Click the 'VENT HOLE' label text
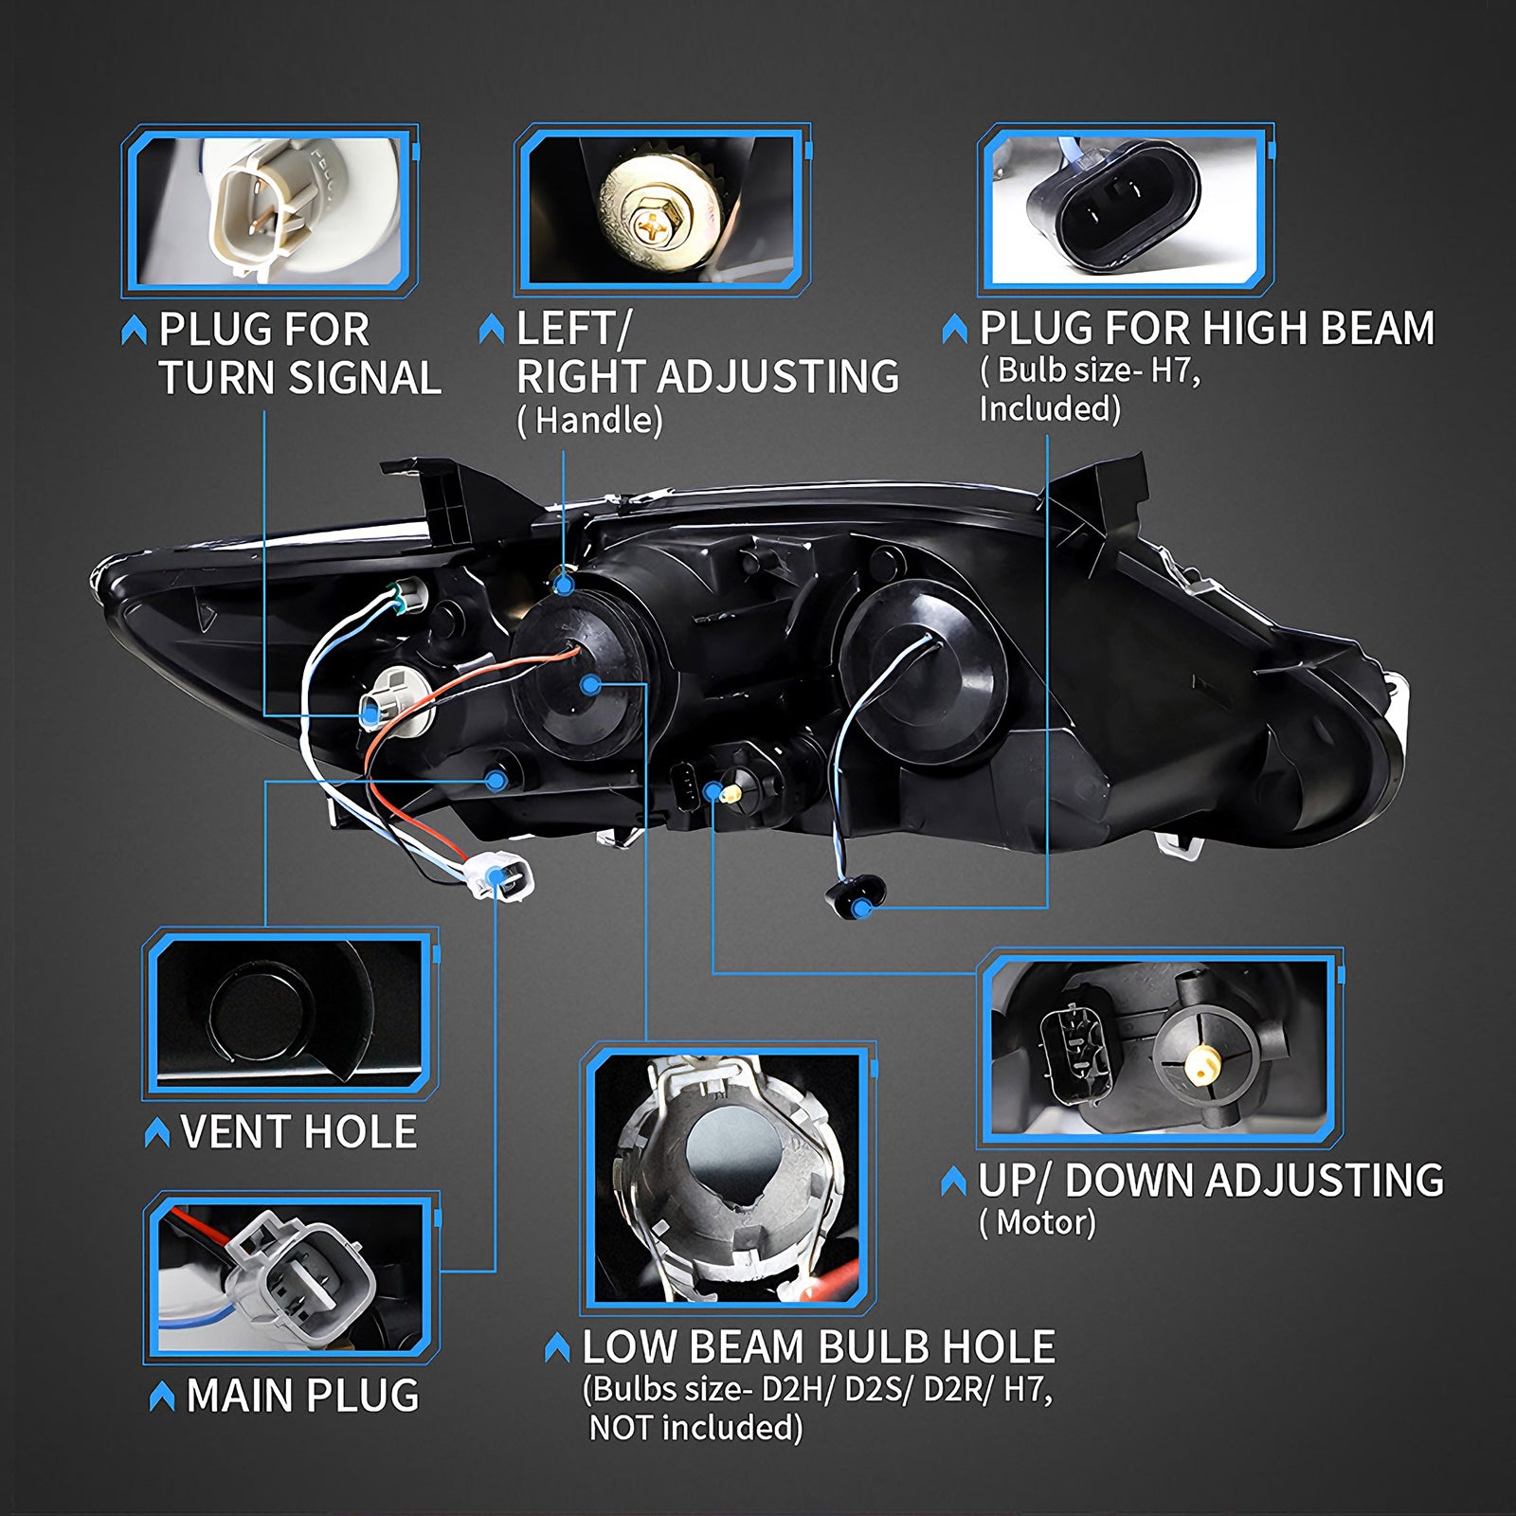298,1131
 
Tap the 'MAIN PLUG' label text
303,1396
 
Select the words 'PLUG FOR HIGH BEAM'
1207,329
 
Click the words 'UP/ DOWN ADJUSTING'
1211,1181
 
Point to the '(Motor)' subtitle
1038,1222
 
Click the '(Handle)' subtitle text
589,420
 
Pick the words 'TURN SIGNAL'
300,377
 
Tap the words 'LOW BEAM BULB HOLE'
819,1346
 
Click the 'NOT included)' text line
696,1427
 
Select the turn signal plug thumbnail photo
270,210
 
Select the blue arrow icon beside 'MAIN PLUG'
163,1396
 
